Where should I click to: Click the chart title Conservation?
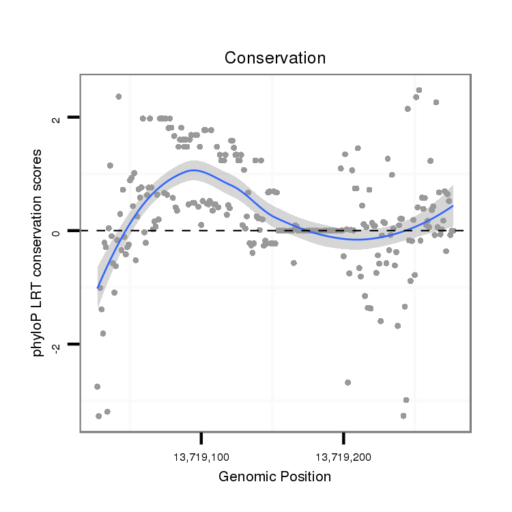coord(275,58)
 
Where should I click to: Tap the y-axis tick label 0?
coord(57,231)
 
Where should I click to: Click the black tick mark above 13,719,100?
coord(201,438)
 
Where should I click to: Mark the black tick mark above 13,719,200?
coord(343,438)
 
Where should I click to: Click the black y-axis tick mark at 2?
coord(74,117)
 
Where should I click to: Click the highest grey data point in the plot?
coord(419,90)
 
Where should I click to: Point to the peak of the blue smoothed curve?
coord(193,170)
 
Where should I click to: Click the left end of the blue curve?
coord(98,287)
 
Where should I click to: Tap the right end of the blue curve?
coord(453,205)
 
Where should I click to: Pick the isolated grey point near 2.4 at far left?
coord(119,96)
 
